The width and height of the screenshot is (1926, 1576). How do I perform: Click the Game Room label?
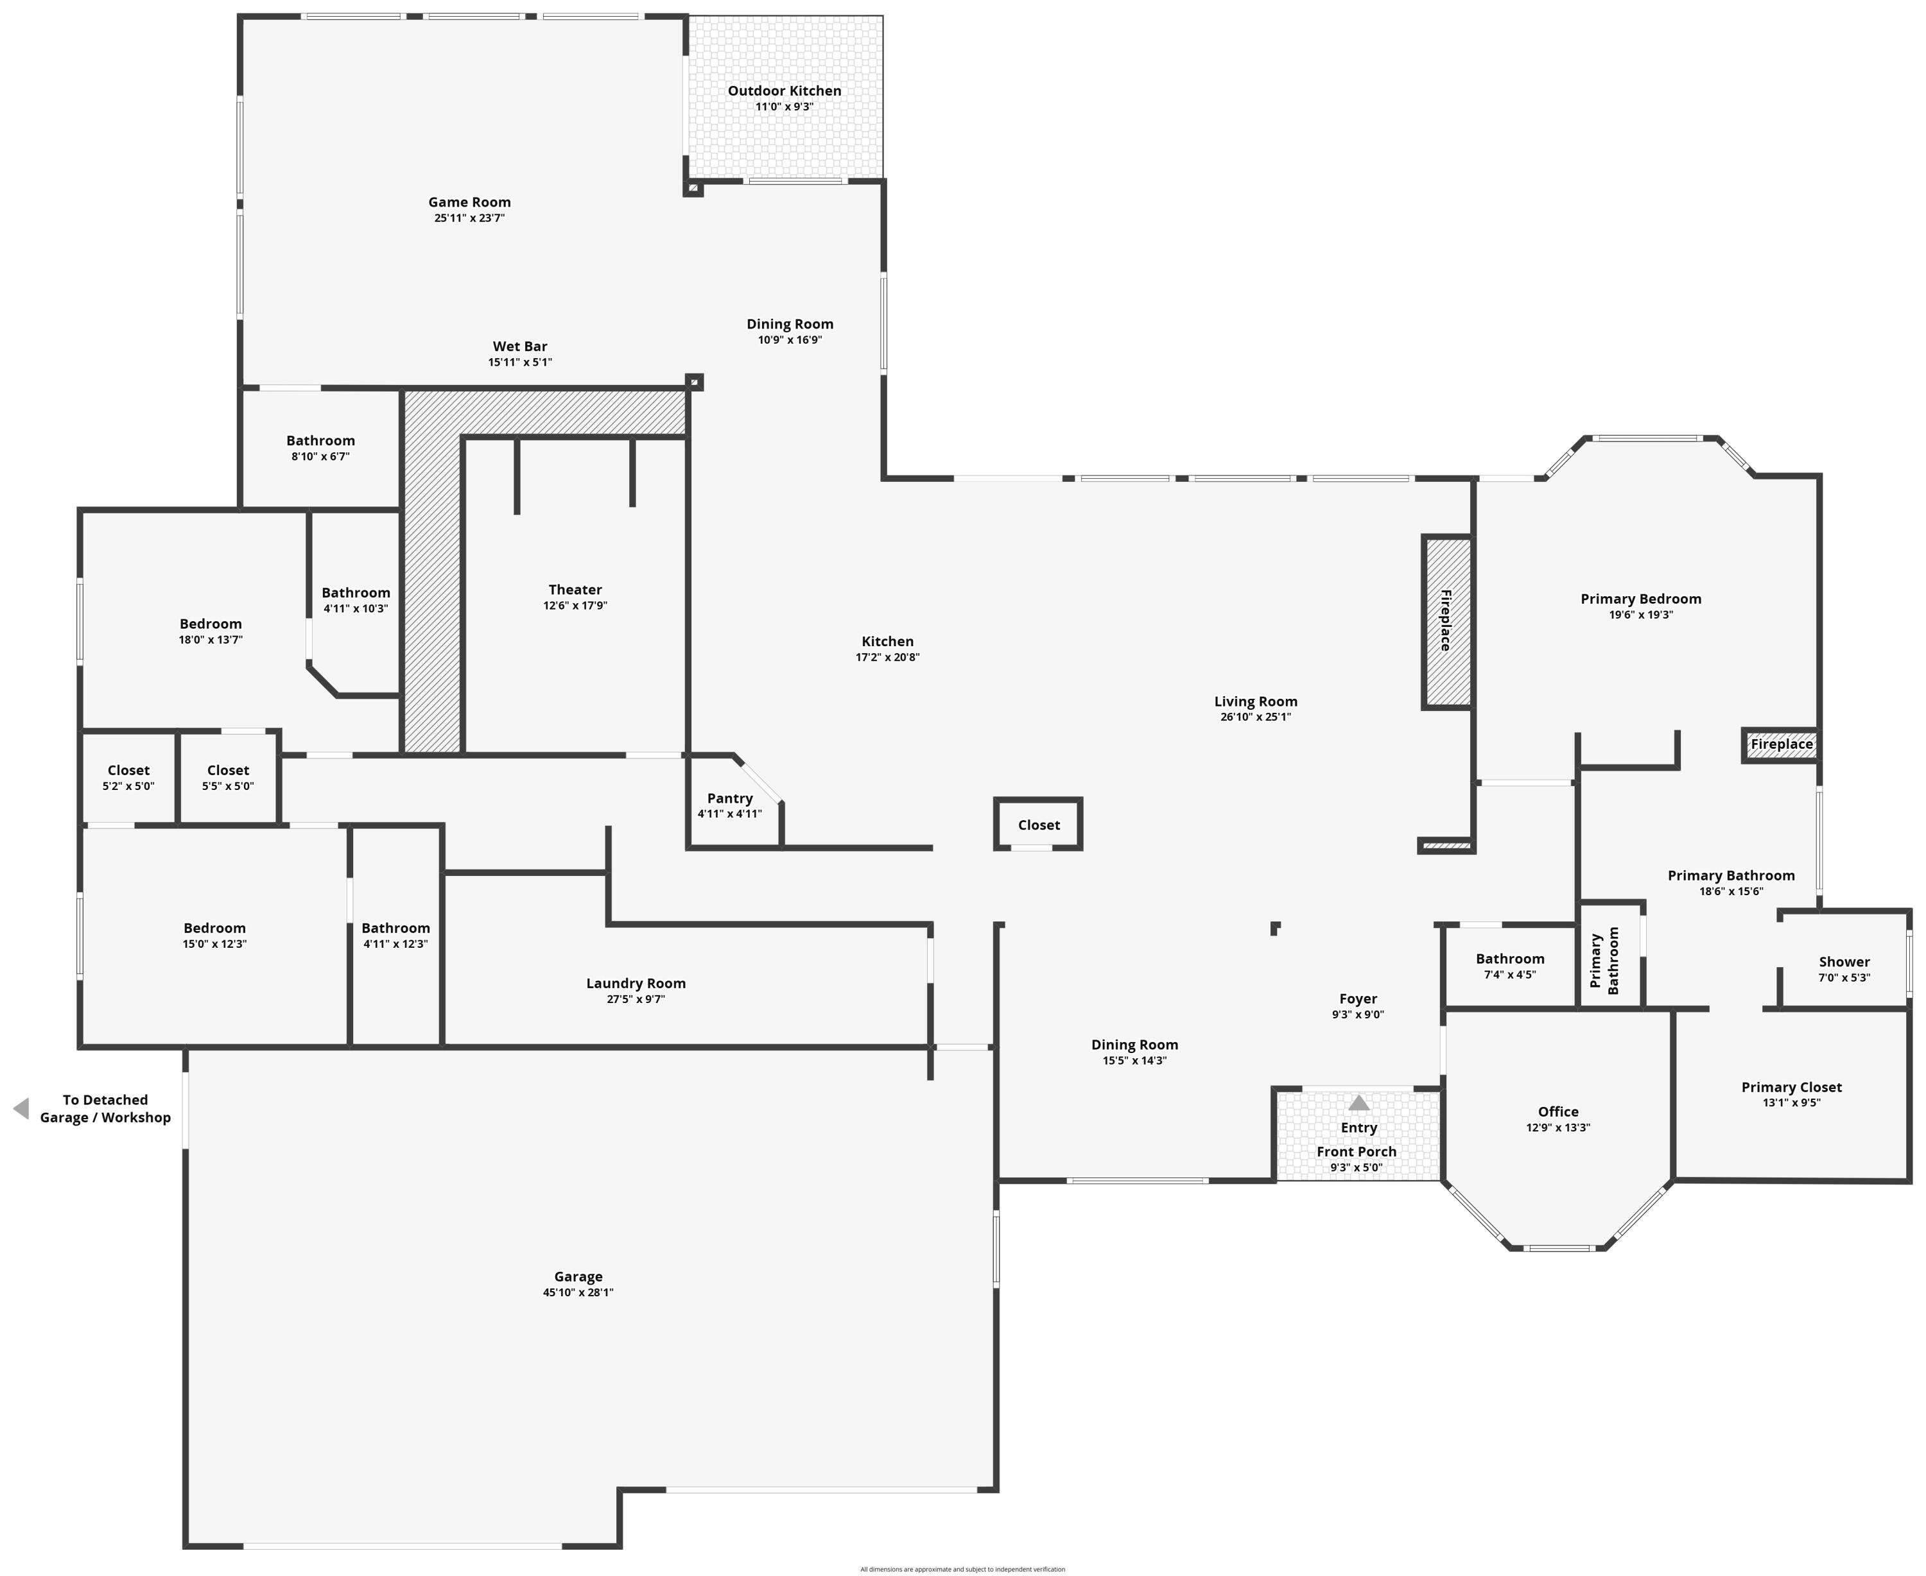[x=469, y=202]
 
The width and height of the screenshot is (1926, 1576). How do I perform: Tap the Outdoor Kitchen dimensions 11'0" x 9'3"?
[x=785, y=107]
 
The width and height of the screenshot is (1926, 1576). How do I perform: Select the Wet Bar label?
[x=519, y=347]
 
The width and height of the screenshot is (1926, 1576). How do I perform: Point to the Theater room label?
[x=575, y=590]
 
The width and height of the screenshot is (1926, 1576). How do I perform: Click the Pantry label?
[x=730, y=799]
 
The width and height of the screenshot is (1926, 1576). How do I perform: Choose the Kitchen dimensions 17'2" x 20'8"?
[x=887, y=657]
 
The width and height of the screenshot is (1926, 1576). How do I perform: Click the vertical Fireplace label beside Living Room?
[x=1446, y=621]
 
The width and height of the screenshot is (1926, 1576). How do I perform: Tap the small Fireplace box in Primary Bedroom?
[x=1781, y=744]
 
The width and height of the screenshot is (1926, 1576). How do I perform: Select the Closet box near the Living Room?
[x=1039, y=825]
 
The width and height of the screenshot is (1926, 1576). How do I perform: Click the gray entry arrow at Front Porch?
[x=1358, y=1103]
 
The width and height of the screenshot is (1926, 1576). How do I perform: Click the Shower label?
[x=1843, y=963]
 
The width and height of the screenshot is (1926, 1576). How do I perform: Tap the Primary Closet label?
[x=1791, y=1088]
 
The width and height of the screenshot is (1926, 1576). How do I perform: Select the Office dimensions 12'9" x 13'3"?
[x=1557, y=1127]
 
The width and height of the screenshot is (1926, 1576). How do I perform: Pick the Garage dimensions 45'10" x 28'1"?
[x=578, y=1293]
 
